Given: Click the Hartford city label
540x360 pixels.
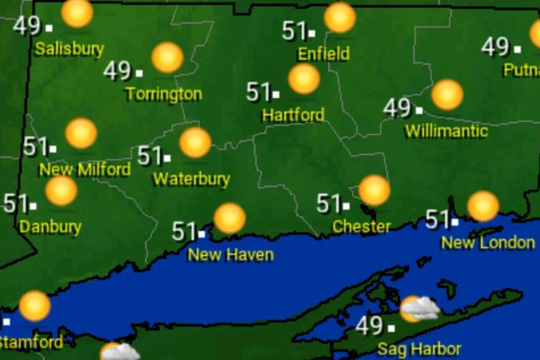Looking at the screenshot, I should (293, 115).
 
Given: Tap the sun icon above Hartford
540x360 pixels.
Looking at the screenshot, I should (304, 79).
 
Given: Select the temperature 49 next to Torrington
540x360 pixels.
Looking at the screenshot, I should (117, 71).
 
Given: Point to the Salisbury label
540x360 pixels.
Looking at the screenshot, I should (69, 49).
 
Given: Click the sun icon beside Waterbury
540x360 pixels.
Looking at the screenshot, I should (195, 143).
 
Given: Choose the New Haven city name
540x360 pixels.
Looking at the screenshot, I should (230, 254).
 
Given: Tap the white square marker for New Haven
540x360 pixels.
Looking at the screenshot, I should (201, 234).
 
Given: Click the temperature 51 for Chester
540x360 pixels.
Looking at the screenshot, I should (328, 203).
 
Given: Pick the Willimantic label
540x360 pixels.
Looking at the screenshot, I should (446, 131).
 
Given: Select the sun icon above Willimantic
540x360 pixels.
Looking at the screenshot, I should (447, 94).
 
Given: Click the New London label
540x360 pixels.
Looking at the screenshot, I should (488, 243).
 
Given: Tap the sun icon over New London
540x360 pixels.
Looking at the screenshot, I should (483, 206).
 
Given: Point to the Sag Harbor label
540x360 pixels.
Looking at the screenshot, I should (419, 349).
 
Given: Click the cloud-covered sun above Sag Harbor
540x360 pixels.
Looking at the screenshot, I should (419, 308).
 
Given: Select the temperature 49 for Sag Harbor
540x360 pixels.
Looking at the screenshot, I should (369, 325).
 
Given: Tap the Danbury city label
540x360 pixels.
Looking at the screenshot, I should (50, 227).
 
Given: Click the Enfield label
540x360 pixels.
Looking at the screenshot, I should (323, 54).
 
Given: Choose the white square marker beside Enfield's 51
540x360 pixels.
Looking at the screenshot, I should (312, 33).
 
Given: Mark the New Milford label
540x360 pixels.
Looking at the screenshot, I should (85, 169).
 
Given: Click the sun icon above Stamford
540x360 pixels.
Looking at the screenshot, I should (35, 306).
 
